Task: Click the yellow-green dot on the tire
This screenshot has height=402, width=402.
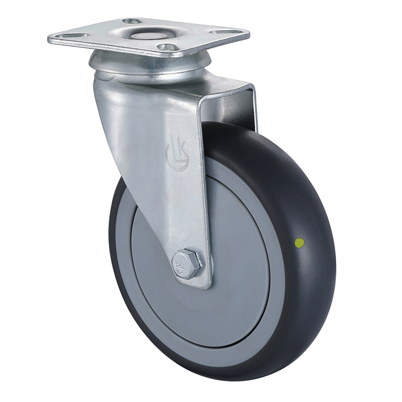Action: coord(300,243)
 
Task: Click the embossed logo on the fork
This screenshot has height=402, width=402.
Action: coord(176,151)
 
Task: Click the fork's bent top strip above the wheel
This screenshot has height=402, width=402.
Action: coord(226,90)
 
